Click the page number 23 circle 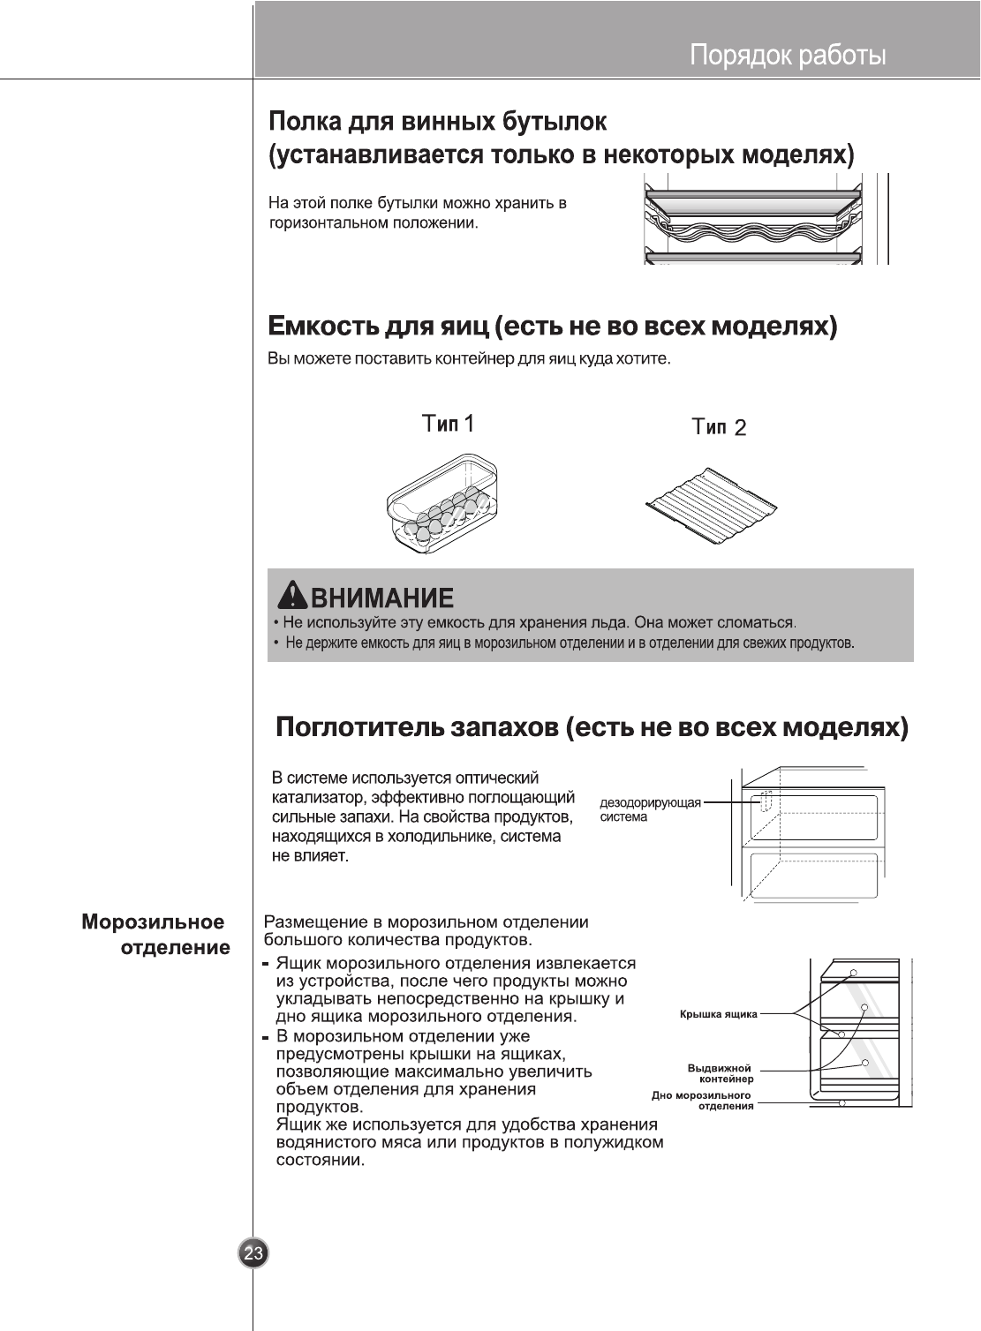(x=253, y=1253)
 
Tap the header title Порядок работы (x=788, y=56)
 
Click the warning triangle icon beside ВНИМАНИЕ (x=291, y=598)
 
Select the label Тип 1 (x=449, y=424)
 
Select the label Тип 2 (x=719, y=427)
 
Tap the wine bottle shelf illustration (x=752, y=222)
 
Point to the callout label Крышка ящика (x=718, y=1015)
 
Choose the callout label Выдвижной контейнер (x=721, y=1073)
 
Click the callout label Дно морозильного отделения (x=702, y=1101)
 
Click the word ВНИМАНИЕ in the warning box (x=382, y=598)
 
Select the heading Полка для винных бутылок (x=437, y=120)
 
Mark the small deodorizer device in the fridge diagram (x=766, y=801)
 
